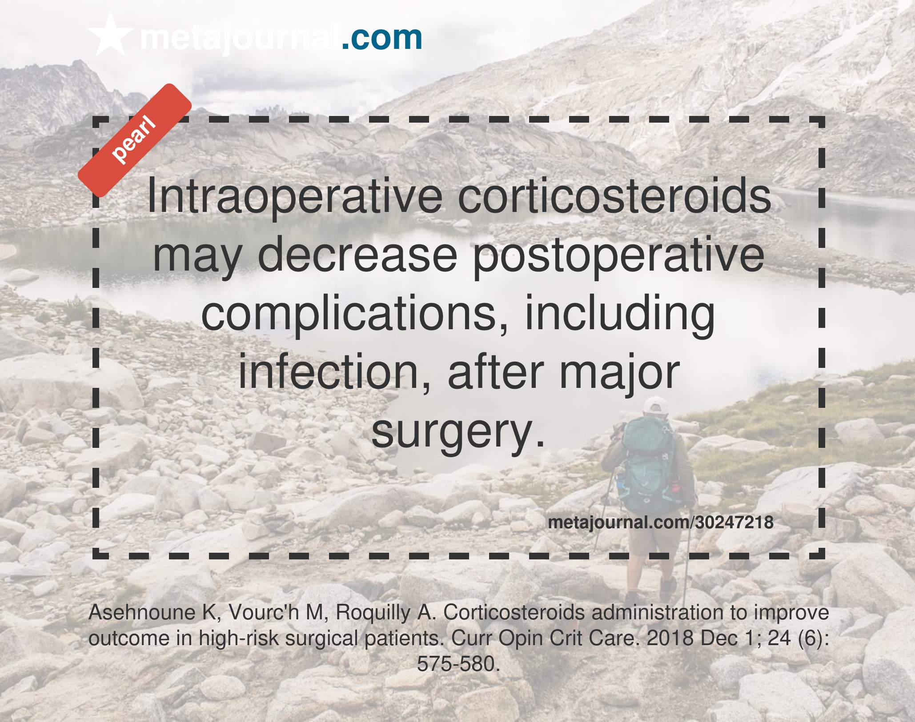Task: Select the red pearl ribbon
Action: click(x=135, y=140)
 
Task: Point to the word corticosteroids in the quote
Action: click(x=614, y=196)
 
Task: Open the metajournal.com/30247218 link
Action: click(x=661, y=522)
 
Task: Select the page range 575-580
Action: click(x=456, y=664)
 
